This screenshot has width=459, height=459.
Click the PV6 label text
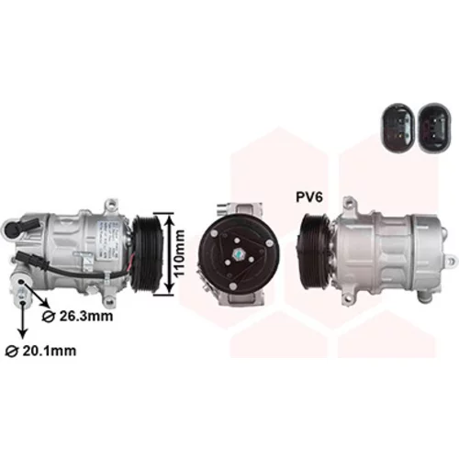coord(309,197)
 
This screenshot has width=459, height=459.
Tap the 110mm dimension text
coord(179,253)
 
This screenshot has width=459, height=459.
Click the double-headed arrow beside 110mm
coord(169,253)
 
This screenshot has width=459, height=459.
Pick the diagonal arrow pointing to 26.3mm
coord(36,294)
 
